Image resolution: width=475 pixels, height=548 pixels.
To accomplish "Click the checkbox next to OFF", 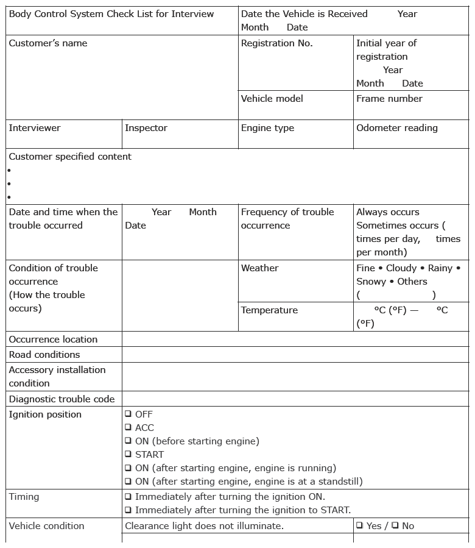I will click(128, 415).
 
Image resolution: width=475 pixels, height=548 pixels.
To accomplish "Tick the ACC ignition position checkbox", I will click(128, 428).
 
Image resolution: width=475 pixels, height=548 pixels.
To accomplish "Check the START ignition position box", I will click(128, 455).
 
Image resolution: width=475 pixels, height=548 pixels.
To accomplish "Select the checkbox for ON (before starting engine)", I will click(128, 441).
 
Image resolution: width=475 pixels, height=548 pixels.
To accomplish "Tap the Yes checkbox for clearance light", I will click(360, 526).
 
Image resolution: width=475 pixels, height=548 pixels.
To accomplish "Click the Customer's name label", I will click(48, 43).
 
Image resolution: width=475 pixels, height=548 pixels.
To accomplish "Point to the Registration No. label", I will click(276, 43).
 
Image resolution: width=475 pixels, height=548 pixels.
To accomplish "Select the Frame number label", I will click(389, 99).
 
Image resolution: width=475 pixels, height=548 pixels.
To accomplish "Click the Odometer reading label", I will click(396, 128).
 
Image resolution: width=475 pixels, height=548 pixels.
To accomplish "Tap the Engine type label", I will click(267, 128).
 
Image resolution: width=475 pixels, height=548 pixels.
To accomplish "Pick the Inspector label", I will click(146, 128).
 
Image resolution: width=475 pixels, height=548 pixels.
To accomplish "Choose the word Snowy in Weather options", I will click(371, 282).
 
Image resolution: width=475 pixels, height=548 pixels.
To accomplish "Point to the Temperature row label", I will click(269, 310).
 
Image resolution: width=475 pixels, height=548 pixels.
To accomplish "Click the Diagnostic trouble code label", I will click(62, 399).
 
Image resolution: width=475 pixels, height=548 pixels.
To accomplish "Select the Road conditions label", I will click(44, 355).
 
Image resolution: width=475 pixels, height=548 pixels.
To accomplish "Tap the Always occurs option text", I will click(387, 212).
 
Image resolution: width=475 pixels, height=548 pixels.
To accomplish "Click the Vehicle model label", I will click(272, 99).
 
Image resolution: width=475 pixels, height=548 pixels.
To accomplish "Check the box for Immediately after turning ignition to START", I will click(128, 510).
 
